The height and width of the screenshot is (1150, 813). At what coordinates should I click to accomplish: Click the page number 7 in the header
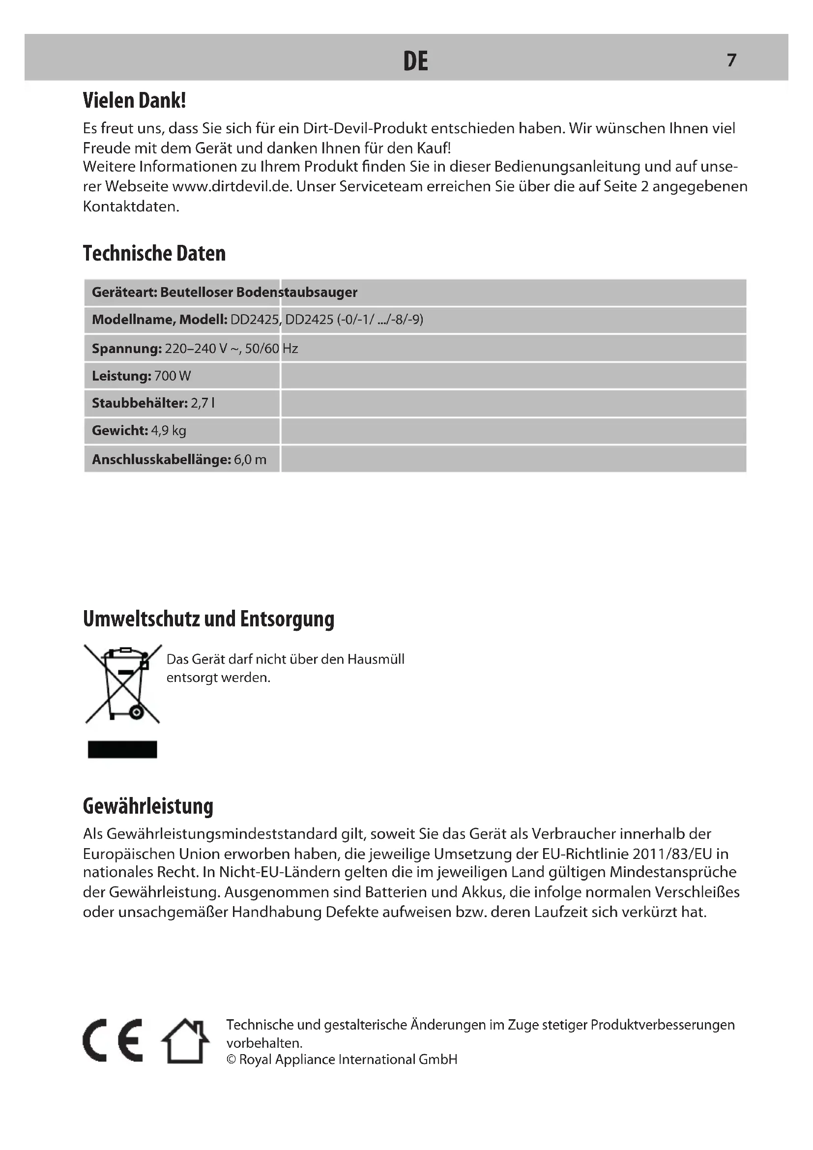click(x=731, y=60)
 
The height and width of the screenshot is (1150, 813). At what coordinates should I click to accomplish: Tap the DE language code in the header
click(x=415, y=61)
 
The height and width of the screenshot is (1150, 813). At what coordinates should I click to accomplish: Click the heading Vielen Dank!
click(x=134, y=101)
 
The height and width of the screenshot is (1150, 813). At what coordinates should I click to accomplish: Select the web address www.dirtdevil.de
click(x=232, y=186)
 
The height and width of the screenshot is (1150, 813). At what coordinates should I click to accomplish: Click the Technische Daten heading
click(x=154, y=253)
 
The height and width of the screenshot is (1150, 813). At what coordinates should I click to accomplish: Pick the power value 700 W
click(x=173, y=376)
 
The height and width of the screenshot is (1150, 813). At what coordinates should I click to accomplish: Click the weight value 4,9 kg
click(x=169, y=430)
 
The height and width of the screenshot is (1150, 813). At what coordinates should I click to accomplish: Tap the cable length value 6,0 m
click(x=250, y=459)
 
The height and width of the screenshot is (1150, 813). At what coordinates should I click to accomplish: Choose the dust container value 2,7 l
click(x=203, y=403)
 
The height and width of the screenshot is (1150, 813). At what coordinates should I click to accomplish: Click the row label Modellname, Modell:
click(x=159, y=320)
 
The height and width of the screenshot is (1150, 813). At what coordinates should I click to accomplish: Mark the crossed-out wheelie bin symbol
click(x=123, y=684)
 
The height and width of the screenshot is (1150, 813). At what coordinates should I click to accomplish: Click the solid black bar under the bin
click(x=123, y=749)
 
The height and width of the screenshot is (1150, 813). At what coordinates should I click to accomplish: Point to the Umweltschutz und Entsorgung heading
click(x=208, y=619)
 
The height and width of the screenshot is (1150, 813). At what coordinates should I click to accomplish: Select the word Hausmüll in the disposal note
click(x=376, y=659)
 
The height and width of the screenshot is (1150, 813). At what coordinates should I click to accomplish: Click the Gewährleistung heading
click(x=148, y=806)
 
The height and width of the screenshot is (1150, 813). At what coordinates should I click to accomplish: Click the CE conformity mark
click(x=113, y=1040)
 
